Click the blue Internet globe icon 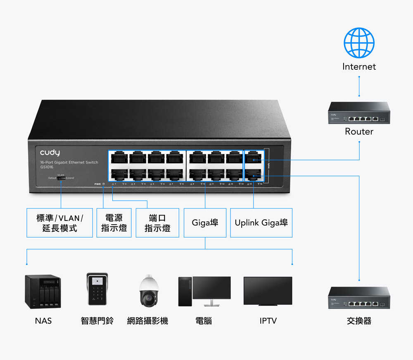pyautogui.click(x=359, y=43)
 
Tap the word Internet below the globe pyautogui.click(x=359, y=66)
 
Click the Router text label pyautogui.click(x=359, y=132)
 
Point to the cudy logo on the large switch pyautogui.click(x=50, y=153)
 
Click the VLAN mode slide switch pyautogui.click(x=61, y=178)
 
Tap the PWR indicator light pyautogui.click(x=103, y=184)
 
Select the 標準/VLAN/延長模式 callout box pyautogui.click(x=59, y=223)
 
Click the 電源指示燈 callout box pyautogui.click(x=114, y=223)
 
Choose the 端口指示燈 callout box pyautogui.click(x=157, y=223)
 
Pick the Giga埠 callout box pyautogui.click(x=205, y=223)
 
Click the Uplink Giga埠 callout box pyautogui.click(x=261, y=223)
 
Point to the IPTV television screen pyautogui.click(x=268, y=291)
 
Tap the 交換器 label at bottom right pyautogui.click(x=359, y=321)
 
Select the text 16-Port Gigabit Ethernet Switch pyautogui.click(x=69, y=163)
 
